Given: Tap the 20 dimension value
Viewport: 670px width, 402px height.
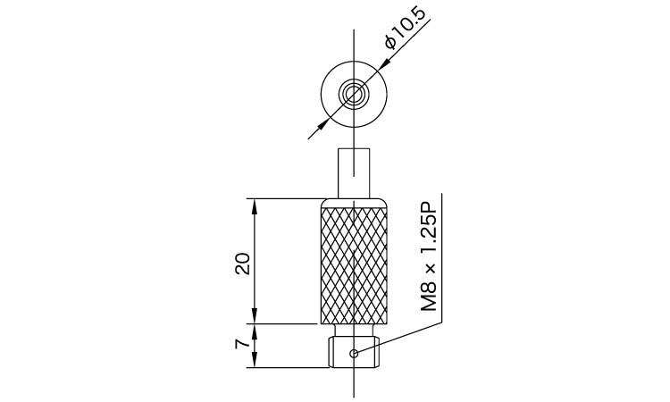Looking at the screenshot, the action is click(x=243, y=264).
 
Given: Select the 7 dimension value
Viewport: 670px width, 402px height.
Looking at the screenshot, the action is click(x=242, y=343).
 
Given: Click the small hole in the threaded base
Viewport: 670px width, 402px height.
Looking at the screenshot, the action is click(x=354, y=353).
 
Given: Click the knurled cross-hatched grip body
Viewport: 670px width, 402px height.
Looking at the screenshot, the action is click(x=354, y=265).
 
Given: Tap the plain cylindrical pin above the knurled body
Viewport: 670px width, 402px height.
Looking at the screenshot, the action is click(x=354, y=173).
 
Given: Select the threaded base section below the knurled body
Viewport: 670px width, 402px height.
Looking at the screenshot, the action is click(x=354, y=352).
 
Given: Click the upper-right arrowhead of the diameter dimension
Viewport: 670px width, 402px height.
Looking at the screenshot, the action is click(x=383, y=63).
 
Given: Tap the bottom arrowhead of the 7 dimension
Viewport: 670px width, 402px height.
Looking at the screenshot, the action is click(x=255, y=361).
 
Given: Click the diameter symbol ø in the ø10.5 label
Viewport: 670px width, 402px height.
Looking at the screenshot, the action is click(x=390, y=43).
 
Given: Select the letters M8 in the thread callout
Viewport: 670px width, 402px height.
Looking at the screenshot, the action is click(x=430, y=297).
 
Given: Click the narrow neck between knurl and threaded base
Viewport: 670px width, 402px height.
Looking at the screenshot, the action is click(x=354, y=331).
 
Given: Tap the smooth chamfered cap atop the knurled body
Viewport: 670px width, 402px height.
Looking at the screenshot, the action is click(x=354, y=203).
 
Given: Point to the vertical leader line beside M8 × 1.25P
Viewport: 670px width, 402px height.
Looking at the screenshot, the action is click(x=441, y=257).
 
